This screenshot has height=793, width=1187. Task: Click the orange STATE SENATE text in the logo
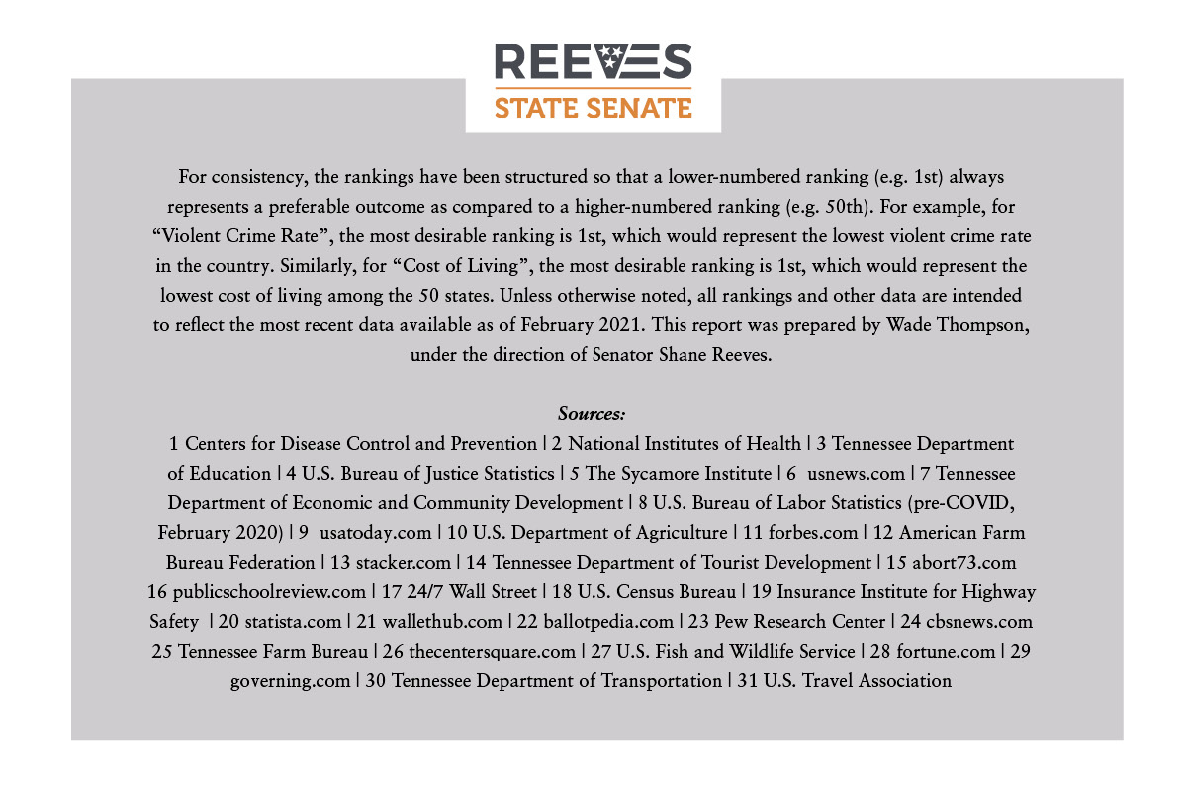pos(593,107)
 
